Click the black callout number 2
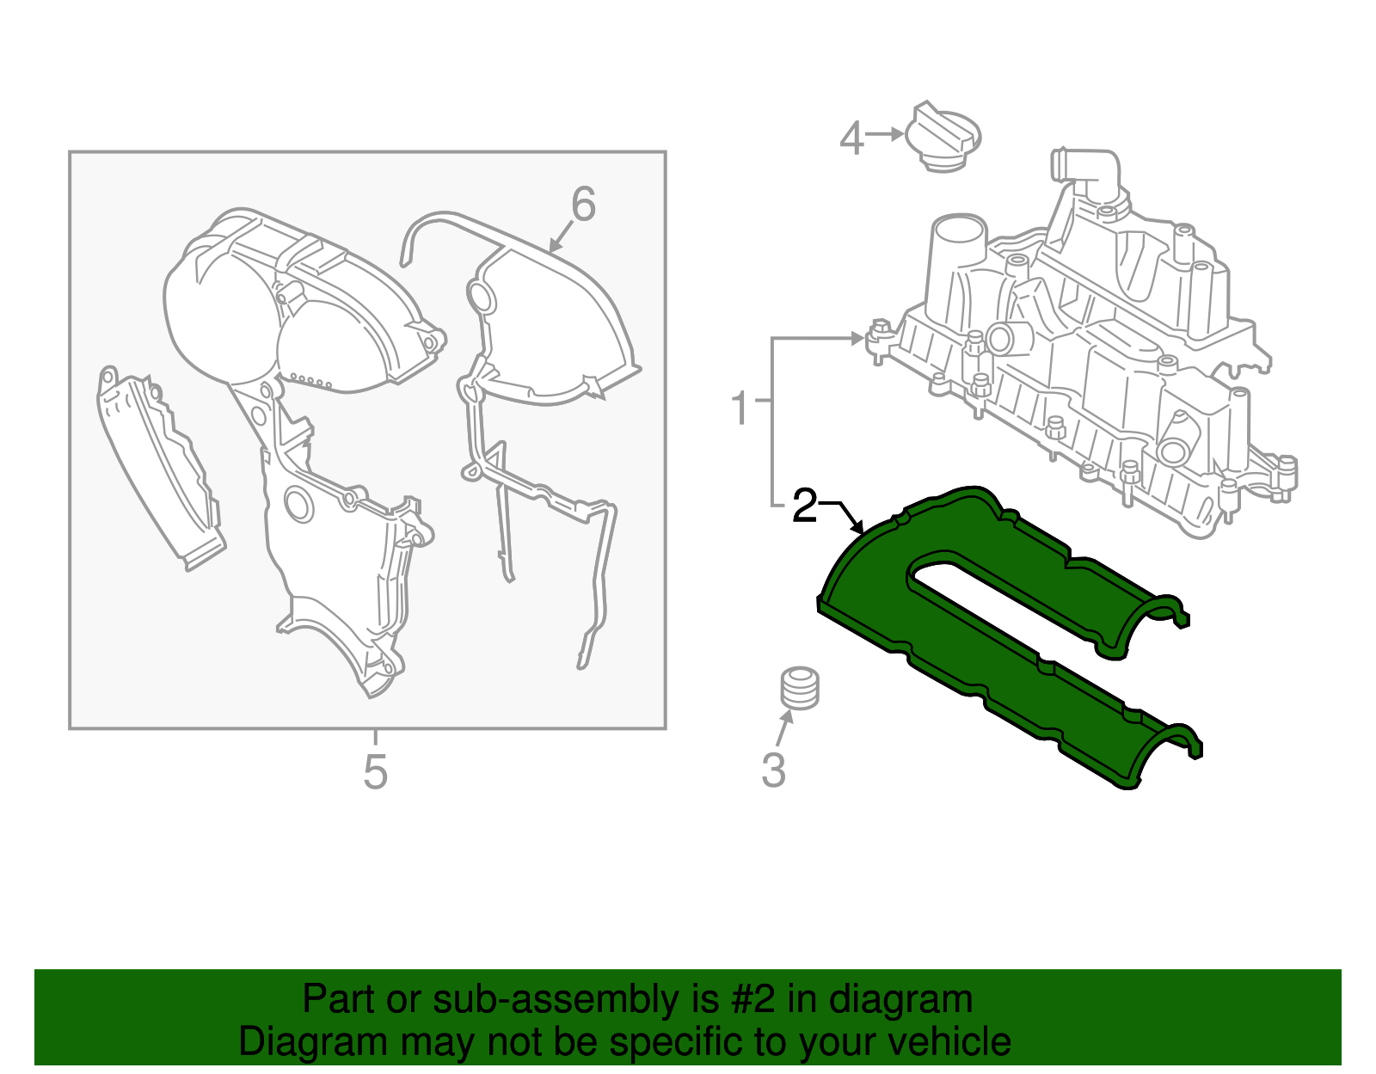pyautogui.click(x=804, y=506)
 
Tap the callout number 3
pyautogui.click(x=773, y=770)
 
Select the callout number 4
pyautogui.click(x=851, y=138)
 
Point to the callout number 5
pyautogui.click(x=375, y=771)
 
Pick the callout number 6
pyautogui.click(x=583, y=206)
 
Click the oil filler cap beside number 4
pyautogui.click(x=943, y=138)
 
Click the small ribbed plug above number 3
pyautogui.click(x=800, y=688)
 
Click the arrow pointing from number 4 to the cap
pyautogui.click(x=885, y=134)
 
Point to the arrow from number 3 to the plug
pyautogui.click(x=783, y=728)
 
